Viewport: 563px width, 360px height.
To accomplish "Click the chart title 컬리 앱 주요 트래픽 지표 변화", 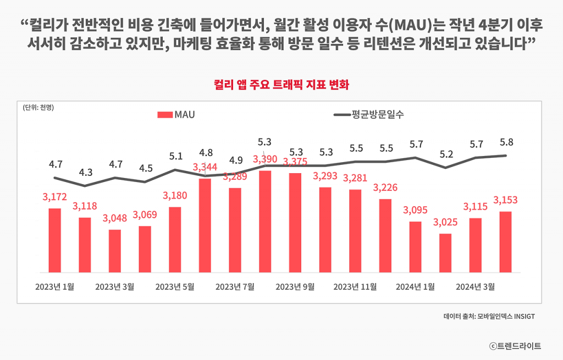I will click(x=281, y=85).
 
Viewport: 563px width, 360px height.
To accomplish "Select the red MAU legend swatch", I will click(x=165, y=115).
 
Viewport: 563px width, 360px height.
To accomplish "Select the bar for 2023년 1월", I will click(x=55, y=240).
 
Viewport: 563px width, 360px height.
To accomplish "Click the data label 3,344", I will click(x=205, y=167).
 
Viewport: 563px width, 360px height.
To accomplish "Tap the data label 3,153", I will click(x=506, y=200).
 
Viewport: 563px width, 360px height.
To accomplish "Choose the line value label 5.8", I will click(x=506, y=142).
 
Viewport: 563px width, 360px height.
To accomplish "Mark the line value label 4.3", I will click(x=85, y=172).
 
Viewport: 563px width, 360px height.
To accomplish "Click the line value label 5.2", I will click(x=446, y=154).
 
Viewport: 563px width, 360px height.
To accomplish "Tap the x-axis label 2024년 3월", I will click(x=476, y=286).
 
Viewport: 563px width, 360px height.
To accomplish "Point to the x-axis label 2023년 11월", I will click(x=355, y=286).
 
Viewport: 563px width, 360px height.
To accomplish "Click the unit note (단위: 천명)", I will click(x=38, y=107).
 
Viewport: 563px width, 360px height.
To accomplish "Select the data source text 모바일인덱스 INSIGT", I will click(x=506, y=317).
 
